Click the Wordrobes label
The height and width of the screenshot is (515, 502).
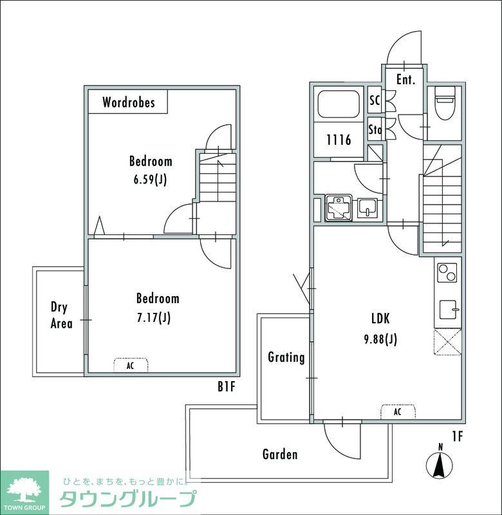(128, 102)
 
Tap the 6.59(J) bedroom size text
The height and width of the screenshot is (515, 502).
(151, 180)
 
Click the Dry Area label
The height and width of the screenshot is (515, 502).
(61, 315)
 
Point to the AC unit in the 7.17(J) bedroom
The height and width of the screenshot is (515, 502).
(131, 366)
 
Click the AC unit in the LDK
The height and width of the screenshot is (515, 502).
(397, 411)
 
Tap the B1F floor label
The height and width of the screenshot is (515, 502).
(227, 388)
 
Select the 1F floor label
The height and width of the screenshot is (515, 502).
(457, 436)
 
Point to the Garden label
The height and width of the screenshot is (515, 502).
(280, 454)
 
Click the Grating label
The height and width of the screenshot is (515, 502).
(286, 357)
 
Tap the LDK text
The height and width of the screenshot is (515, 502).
(380, 318)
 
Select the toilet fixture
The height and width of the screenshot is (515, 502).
(445, 102)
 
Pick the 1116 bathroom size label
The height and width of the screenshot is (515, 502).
(338, 140)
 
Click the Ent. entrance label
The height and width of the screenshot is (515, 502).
(405, 80)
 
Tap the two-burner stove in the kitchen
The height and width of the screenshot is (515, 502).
(447, 272)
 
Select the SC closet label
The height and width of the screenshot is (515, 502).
(374, 101)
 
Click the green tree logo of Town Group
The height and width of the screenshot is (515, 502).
(23, 489)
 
